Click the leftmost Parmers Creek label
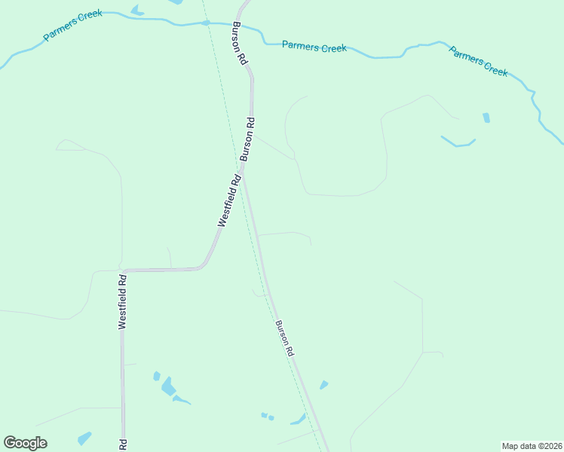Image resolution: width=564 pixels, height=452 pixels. tap(72, 26)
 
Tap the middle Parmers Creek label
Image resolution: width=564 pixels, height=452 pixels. tap(314, 47)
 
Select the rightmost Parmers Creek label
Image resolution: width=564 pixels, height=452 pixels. tap(478, 61)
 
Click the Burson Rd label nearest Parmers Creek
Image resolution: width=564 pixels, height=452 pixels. tap(240, 44)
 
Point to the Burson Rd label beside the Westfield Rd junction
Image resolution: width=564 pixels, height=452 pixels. tap(247, 139)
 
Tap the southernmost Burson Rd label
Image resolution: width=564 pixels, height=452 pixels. tap(284, 338)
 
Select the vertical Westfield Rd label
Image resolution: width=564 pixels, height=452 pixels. tap(122, 301)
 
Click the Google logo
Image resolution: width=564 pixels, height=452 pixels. tap(25, 443)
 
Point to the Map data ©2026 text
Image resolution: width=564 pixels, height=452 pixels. tap(532, 446)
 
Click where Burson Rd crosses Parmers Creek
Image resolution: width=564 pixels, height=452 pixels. tap(238, 23)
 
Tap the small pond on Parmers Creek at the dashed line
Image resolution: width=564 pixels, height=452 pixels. tap(205, 23)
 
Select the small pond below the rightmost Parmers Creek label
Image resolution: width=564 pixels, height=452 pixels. tap(486, 118)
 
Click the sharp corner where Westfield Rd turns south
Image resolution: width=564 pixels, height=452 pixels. tap(122, 269)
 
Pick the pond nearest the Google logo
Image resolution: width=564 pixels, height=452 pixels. tap(84, 438)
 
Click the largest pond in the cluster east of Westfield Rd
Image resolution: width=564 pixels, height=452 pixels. tap(167, 387)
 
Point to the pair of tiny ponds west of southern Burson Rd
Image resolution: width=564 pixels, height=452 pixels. tap(266, 416)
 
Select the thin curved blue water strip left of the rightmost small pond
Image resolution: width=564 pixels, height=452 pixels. tap(458, 142)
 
